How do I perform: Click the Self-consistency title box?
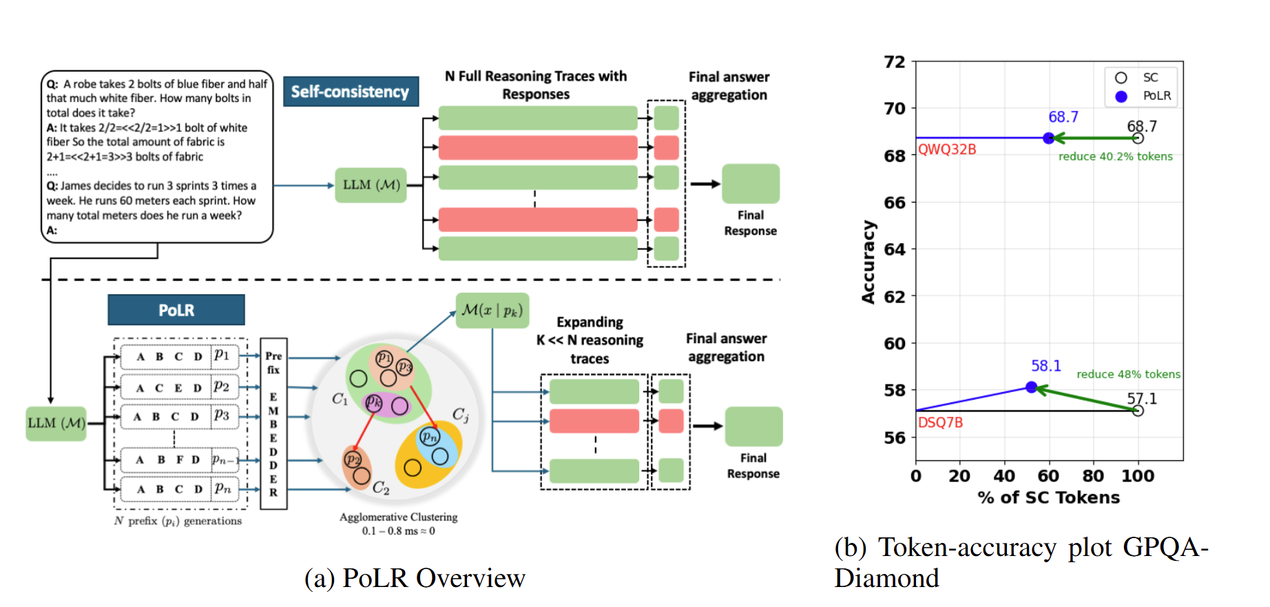351,92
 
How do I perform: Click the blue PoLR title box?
176,310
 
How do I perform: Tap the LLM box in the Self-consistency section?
371,185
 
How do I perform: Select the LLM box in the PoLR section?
56,423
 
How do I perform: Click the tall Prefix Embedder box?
273,424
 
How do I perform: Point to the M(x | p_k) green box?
492,311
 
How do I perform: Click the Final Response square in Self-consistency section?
750,184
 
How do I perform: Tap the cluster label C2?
381,488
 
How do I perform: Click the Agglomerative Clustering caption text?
398,517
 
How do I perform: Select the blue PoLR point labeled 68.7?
1048,138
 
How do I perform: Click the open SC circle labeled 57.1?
1138,411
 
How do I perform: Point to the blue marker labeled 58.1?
1031,387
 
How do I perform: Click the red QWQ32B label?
947,150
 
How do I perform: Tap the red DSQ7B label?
940,422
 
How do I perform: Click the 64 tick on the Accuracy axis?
895,249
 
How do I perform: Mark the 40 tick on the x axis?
1003,476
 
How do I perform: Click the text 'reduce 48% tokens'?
1128,374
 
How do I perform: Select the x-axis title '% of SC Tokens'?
1048,497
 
